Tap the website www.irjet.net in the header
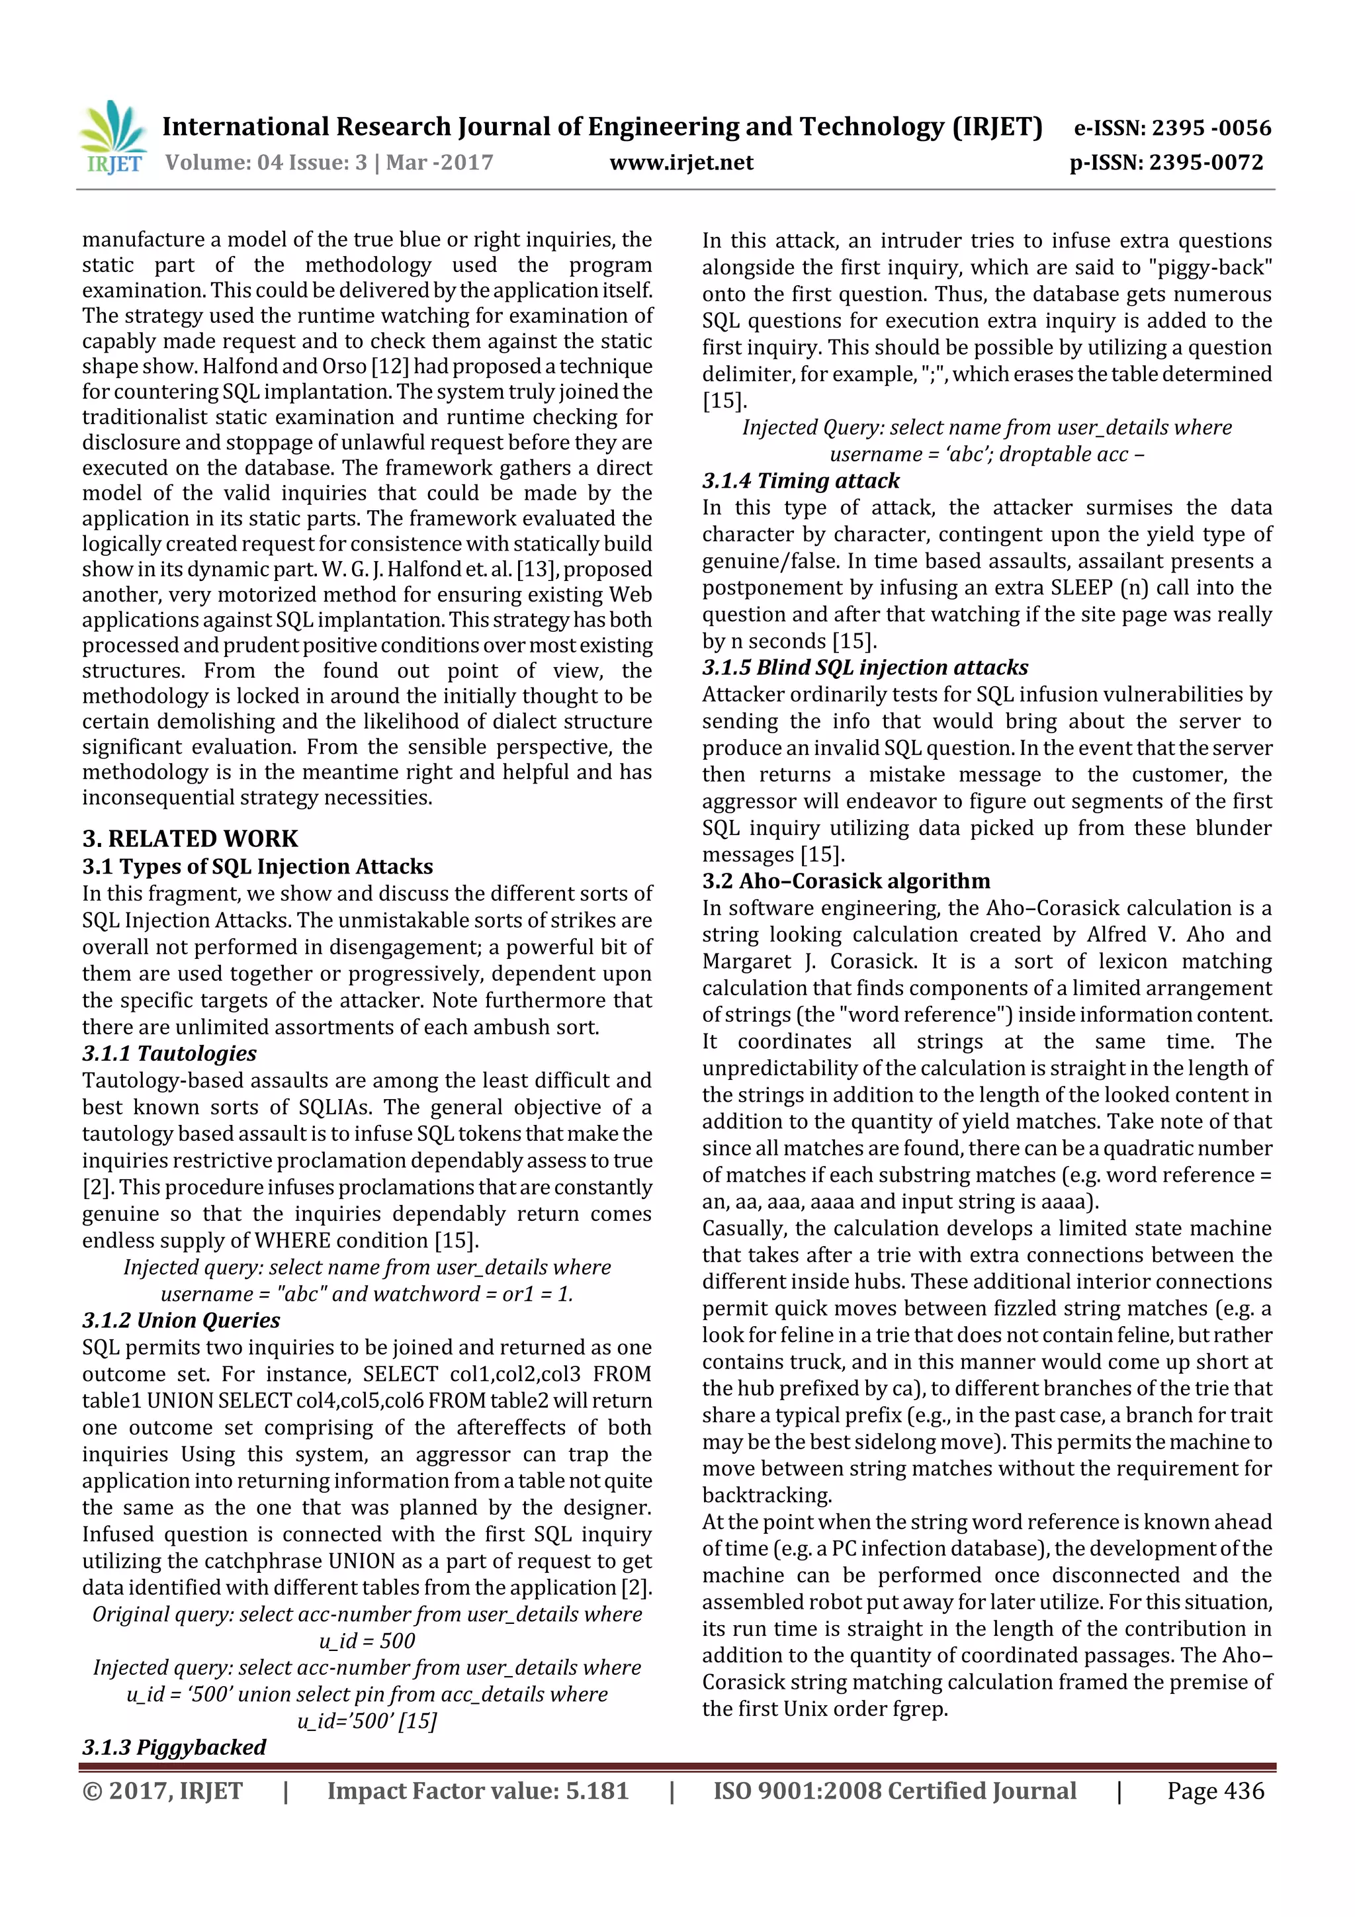point(681,163)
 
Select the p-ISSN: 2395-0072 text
point(1166,163)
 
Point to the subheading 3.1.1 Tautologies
point(169,1053)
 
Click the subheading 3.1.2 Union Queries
point(181,1320)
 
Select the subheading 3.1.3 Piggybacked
point(173,1747)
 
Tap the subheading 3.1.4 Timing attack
point(800,481)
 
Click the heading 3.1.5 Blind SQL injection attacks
point(864,667)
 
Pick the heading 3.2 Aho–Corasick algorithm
point(845,881)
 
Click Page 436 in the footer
point(1215,1791)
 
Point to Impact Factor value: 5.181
point(477,1791)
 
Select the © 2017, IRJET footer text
point(163,1791)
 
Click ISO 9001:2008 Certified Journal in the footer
point(894,1791)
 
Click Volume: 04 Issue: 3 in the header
point(265,163)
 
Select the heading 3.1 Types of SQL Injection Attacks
point(257,867)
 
